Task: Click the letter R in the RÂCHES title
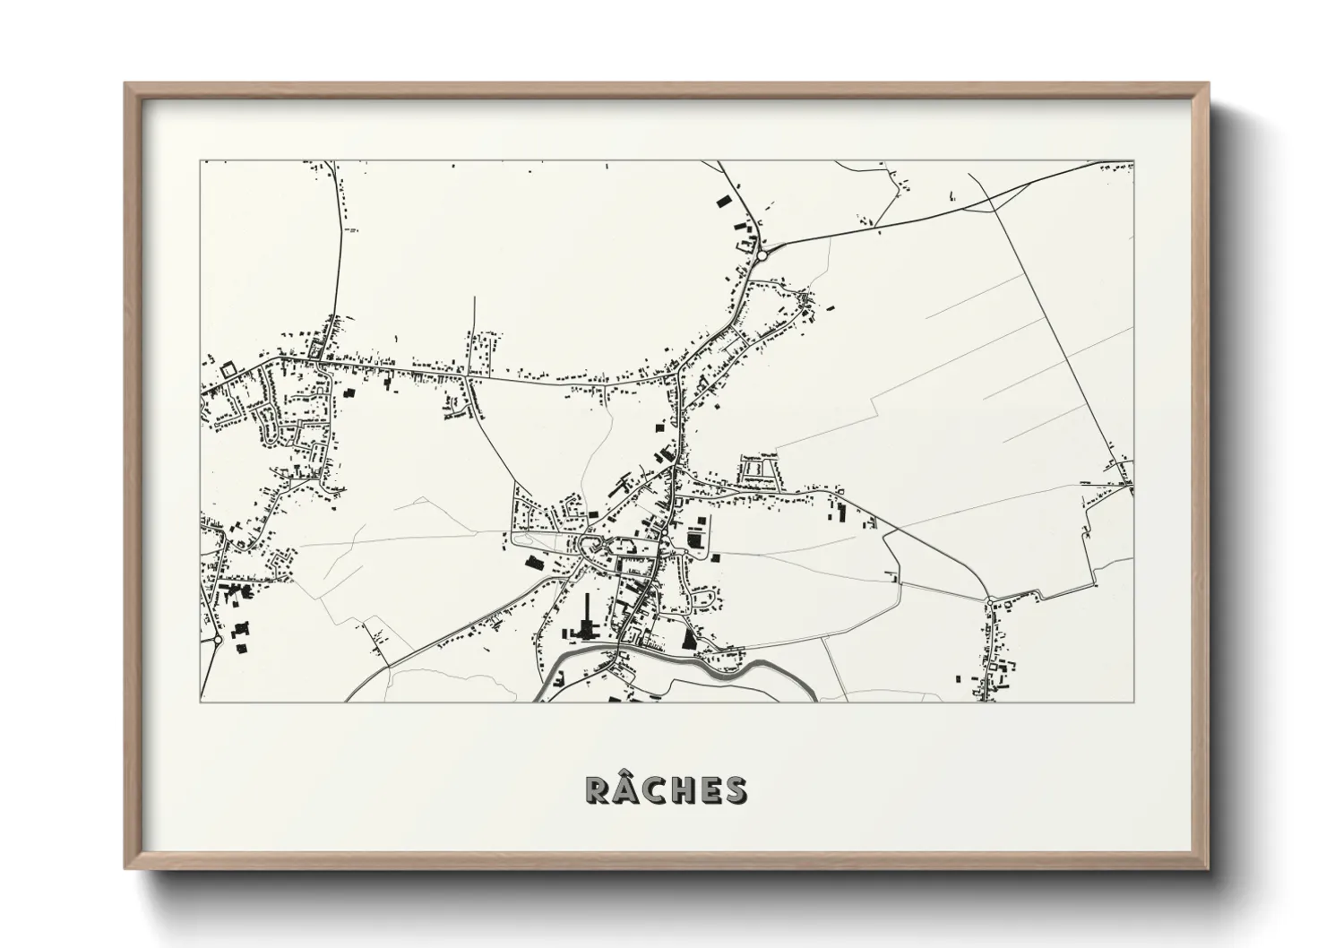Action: (599, 789)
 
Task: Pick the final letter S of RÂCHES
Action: (735, 789)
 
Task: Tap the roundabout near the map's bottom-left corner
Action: (218, 640)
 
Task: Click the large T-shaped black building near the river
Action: (589, 618)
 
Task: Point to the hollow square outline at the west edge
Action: (227, 368)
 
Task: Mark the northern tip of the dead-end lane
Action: (474, 298)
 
